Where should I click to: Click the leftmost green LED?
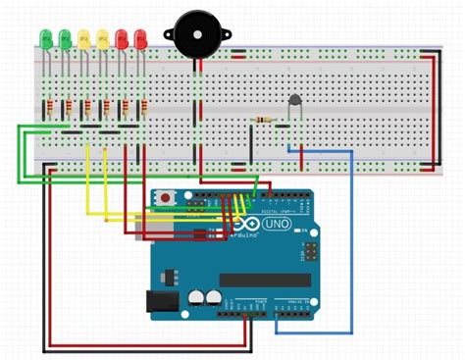45,39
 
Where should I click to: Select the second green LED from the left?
65,39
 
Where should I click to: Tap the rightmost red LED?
141,39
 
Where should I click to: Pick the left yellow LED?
83,39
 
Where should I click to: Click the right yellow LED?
103,39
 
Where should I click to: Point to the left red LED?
123,39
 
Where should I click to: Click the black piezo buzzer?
197,35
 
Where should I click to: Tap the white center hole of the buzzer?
197,33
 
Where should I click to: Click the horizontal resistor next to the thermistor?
263,120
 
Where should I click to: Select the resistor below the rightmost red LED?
145,107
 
